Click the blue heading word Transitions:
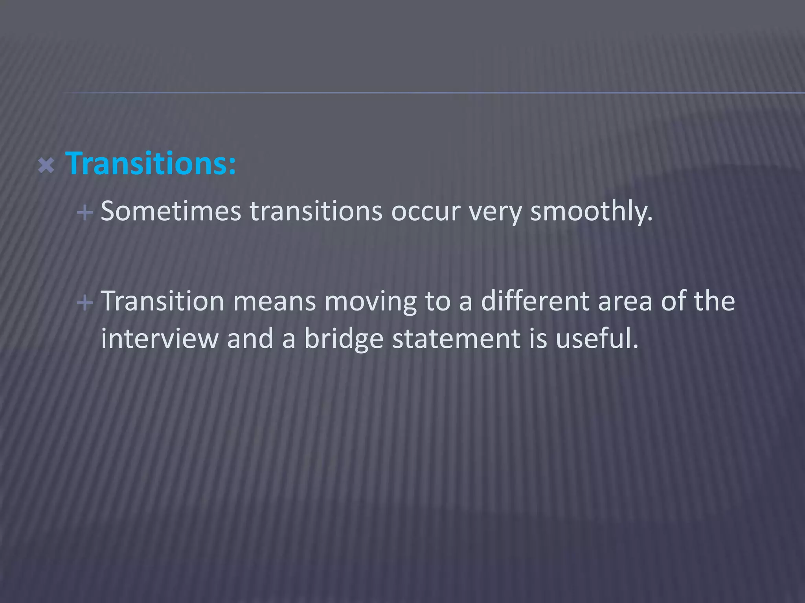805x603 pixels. tap(151, 163)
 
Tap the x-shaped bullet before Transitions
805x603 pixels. tap(46, 166)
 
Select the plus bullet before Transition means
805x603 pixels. tap(85, 303)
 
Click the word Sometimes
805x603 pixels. tap(171, 211)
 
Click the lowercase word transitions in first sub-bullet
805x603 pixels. tap(316, 211)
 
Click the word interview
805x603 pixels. tap(160, 338)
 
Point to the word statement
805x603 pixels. tap(456, 339)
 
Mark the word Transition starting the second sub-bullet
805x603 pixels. tap(162, 301)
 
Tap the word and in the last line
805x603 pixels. tap(250, 338)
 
